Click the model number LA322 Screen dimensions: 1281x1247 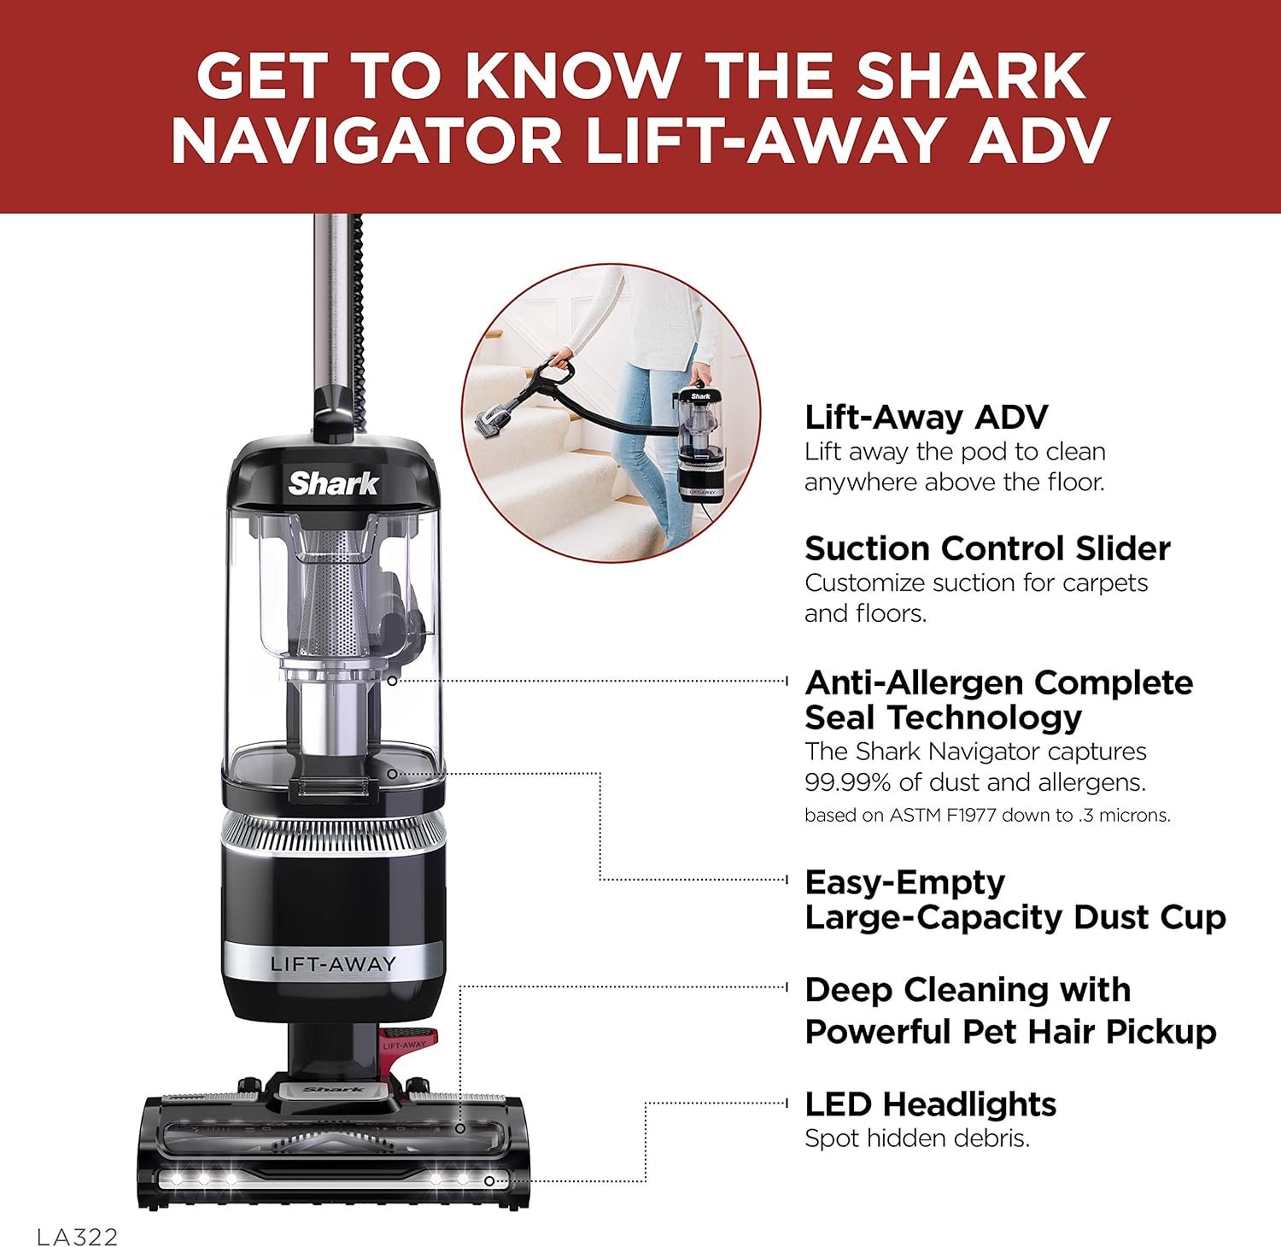[77, 1237]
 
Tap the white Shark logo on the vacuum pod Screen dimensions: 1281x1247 [333, 483]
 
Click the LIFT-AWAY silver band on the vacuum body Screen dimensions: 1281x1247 [332, 964]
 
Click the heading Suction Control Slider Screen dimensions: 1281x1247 [987, 548]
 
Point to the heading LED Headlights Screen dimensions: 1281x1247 [930, 1104]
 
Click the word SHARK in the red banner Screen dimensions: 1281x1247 [971, 76]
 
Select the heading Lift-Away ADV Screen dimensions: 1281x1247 [926, 418]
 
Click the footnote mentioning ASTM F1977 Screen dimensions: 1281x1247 [987, 816]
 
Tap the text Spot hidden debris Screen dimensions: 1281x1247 [917, 1139]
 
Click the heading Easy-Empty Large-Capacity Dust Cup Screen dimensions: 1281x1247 [1015, 899]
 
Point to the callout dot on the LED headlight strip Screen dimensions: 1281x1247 [489, 1181]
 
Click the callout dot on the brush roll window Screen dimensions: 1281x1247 [459, 1128]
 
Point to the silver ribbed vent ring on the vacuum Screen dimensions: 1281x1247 [333, 830]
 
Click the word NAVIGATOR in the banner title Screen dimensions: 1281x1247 [366, 141]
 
